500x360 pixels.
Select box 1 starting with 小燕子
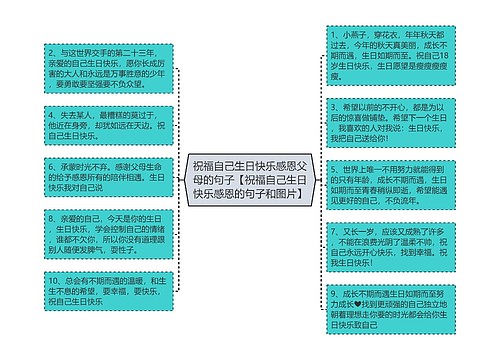tap(381, 59)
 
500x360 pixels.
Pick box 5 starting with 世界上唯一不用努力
tap(381, 184)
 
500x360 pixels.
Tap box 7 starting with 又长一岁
tap(381, 245)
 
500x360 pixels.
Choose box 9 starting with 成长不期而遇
tap(381, 309)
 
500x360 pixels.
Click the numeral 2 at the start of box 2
tap(50, 48)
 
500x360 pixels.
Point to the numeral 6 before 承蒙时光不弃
tap(50, 164)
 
